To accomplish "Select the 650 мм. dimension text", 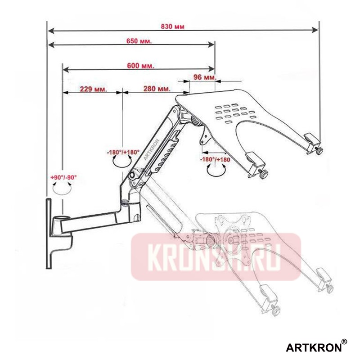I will (x=139, y=40).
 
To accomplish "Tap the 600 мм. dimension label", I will (x=141, y=65).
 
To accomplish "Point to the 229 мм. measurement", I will (x=93, y=89).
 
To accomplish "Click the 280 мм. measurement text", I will (x=157, y=89).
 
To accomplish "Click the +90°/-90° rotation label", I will (x=63, y=178).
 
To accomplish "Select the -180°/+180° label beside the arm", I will (x=123, y=153).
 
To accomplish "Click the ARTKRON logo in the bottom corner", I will (x=313, y=347).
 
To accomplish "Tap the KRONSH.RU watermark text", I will (x=216, y=257).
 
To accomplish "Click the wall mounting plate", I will (x=48, y=234).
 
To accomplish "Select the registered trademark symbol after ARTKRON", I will (x=344, y=342).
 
